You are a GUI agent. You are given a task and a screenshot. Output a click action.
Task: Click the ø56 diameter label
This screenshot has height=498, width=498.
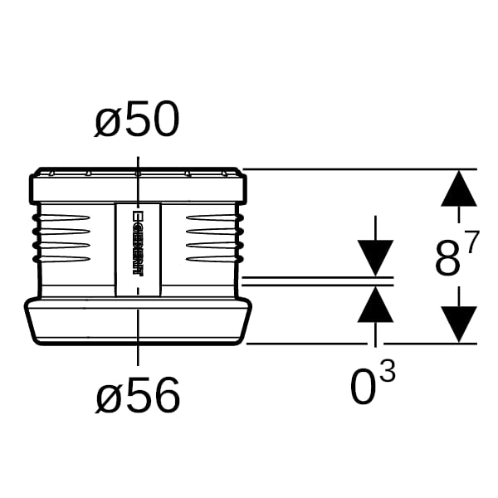click(138, 396)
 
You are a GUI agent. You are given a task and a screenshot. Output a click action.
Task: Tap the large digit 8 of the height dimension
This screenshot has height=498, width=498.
click(447, 259)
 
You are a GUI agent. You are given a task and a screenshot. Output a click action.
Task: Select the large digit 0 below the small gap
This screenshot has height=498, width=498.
click(363, 387)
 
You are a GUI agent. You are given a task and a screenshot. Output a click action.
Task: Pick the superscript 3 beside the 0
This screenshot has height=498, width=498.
click(388, 372)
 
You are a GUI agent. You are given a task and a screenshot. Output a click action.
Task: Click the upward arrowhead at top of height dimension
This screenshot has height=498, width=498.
click(459, 188)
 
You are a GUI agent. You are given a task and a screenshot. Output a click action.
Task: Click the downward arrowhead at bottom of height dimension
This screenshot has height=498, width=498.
click(459, 325)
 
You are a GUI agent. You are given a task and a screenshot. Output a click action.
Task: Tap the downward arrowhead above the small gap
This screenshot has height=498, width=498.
click(376, 258)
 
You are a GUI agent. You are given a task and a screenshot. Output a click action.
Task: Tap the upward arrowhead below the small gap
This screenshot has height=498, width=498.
click(376, 305)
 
